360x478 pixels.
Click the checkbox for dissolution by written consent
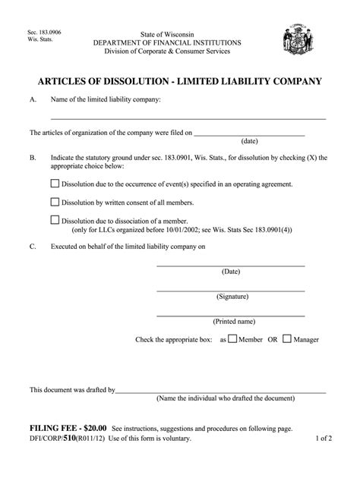pyautogui.click(x=55, y=203)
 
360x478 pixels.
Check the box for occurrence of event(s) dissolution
pyautogui.click(x=55, y=184)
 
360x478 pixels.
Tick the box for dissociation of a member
pyautogui.click(x=55, y=220)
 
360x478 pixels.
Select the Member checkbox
pyautogui.click(x=232, y=338)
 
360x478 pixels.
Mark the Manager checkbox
pyautogui.click(x=287, y=338)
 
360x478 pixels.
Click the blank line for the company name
pyautogui.click(x=188, y=119)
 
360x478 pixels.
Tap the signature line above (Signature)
pyautogui.click(x=231, y=290)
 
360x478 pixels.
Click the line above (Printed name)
pyautogui.click(x=231, y=315)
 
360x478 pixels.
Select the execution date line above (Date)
pyautogui.click(x=231, y=265)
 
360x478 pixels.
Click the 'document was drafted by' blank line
pyautogui.click(x=220, y=392)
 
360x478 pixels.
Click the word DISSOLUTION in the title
pyautogui.click(x=124, y=80)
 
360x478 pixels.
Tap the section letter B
pyautogui.click(x=33, y=158)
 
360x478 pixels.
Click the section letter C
pyautogui.click(x=33, y=247)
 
